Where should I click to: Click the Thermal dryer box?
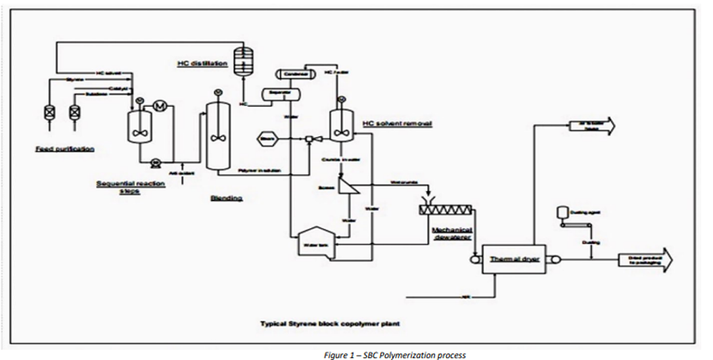513,260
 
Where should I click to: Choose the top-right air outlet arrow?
591,124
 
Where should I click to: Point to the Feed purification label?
65,148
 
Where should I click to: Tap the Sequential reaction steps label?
131,187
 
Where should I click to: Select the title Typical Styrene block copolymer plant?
330,323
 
